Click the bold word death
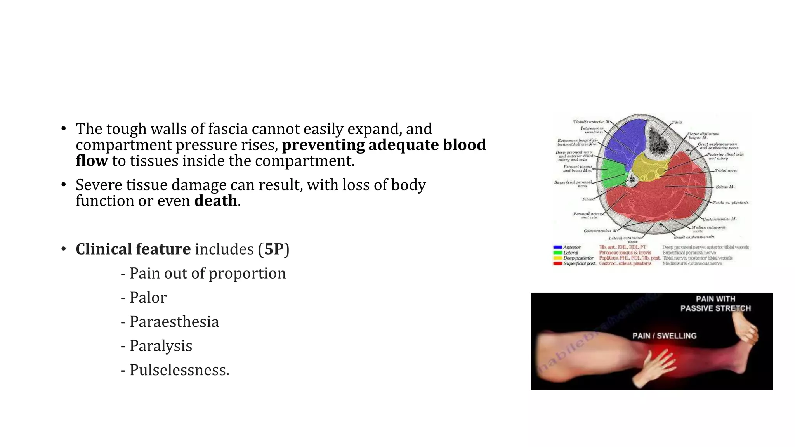(x=215, y=201)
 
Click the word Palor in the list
(x=148, y=298)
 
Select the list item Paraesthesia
(x=174, y=322)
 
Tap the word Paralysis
(x=161, y=346)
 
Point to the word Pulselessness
(x=179, y=370)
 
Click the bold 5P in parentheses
(x=274, y=249)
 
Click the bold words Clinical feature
(x=133, y=249)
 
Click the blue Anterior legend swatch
(x=557, y=247)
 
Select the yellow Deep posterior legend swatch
(x=557, y=258)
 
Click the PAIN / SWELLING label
(x=664, y=336)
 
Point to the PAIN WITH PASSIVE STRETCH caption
(x=715, y=303)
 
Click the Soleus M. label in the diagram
(x=725, y=187)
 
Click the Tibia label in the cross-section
(x=676, y=122)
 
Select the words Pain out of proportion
(x=207, y=274)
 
